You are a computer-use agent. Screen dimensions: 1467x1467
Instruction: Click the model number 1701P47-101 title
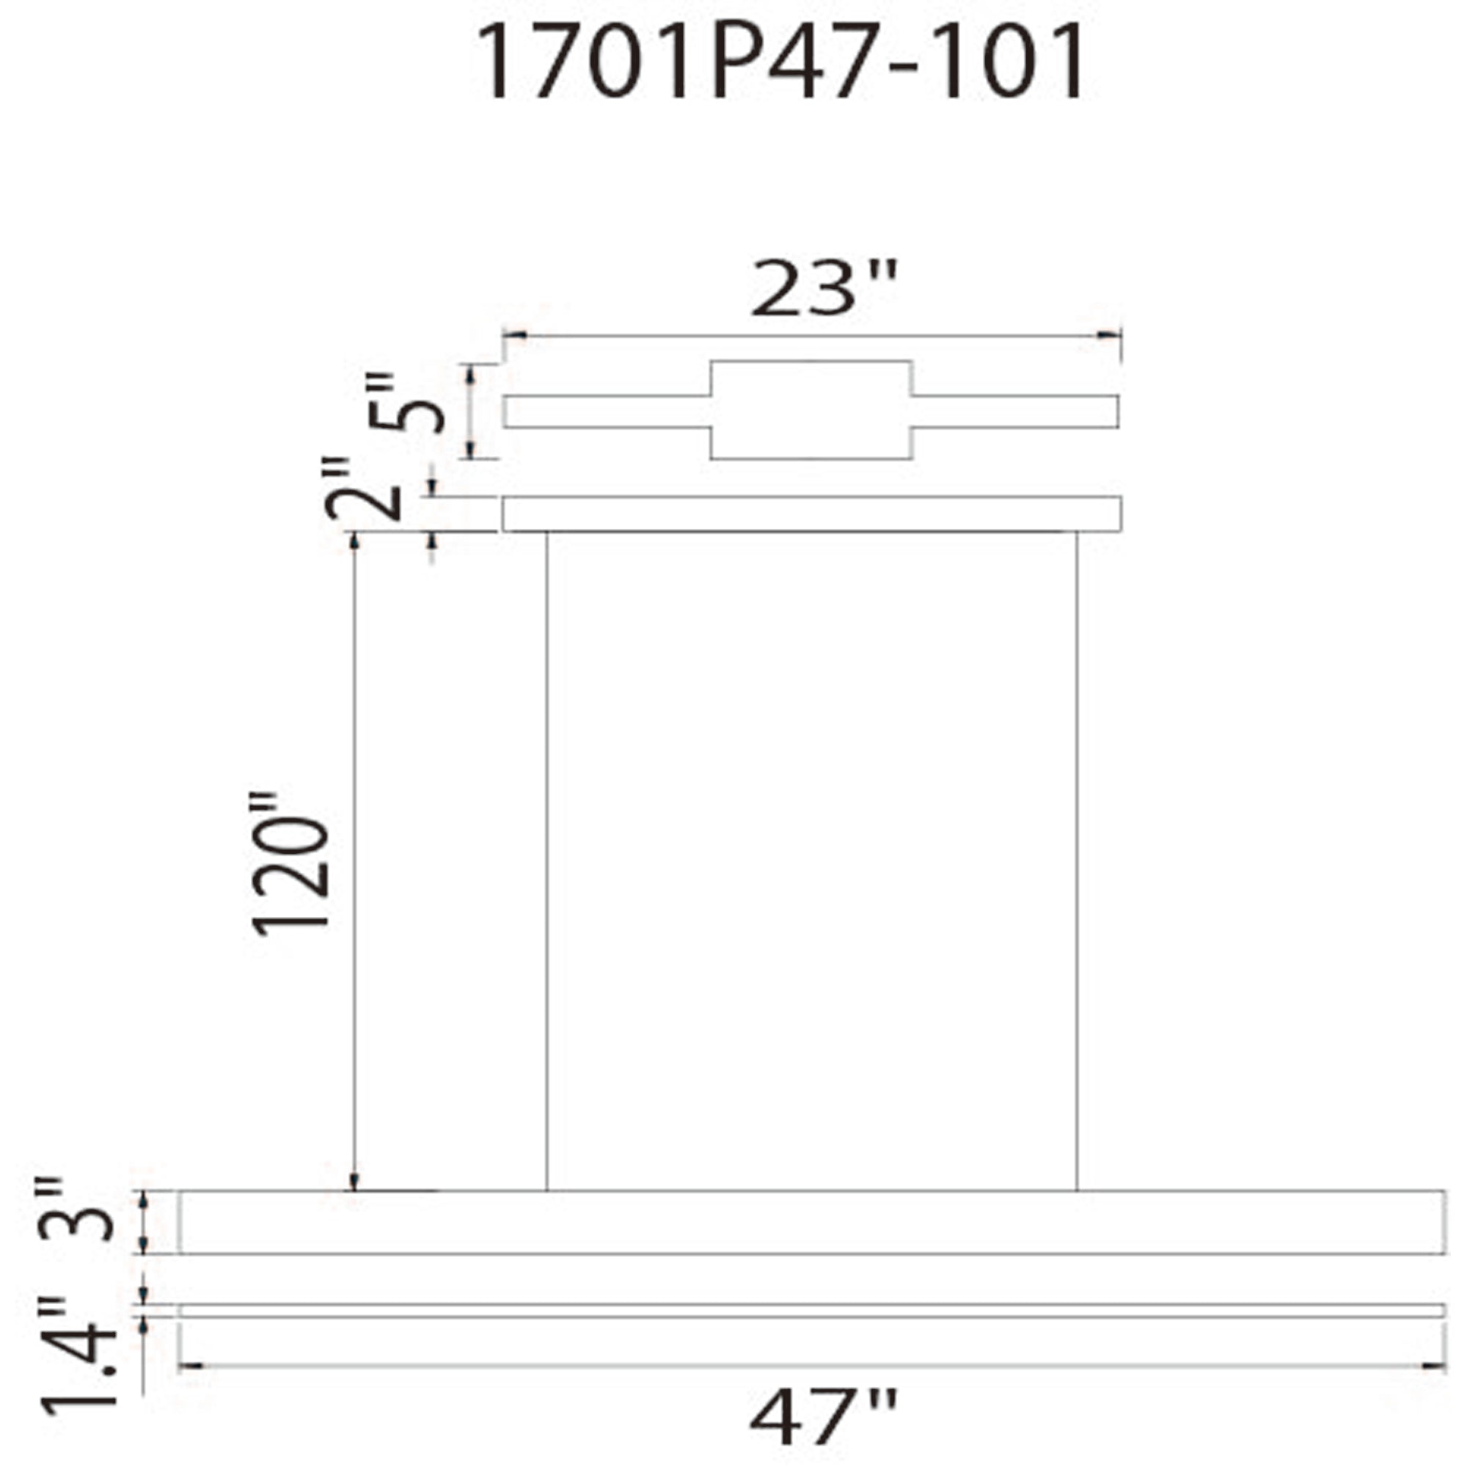coord(782,62)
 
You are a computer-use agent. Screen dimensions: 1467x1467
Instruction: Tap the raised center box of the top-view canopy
coord(811,410)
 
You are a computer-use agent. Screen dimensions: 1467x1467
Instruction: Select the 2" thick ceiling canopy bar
coord(811,514)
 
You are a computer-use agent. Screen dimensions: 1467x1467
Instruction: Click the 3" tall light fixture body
coord(811,1222)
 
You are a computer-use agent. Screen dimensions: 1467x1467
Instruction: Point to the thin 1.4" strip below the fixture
coord(811,1311)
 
